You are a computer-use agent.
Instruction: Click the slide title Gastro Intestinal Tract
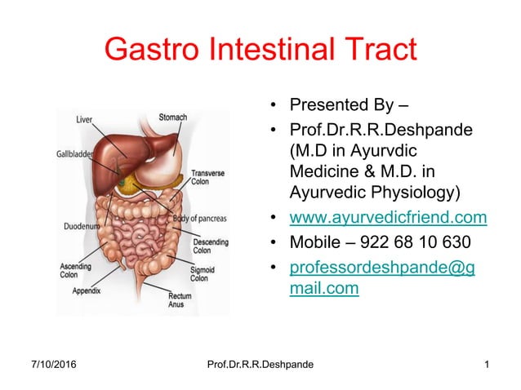(x=260, y=51)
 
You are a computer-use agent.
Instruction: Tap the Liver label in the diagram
(x=84, y=120)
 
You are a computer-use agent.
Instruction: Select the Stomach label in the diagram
(x=172, y=117)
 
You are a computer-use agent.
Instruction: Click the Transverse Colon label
(x=207, y=178)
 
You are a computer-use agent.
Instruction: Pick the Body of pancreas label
(x=199, y=219)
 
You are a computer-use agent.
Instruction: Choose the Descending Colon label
(x=211, y=246)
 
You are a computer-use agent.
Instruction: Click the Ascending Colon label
(x=76, y=271)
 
